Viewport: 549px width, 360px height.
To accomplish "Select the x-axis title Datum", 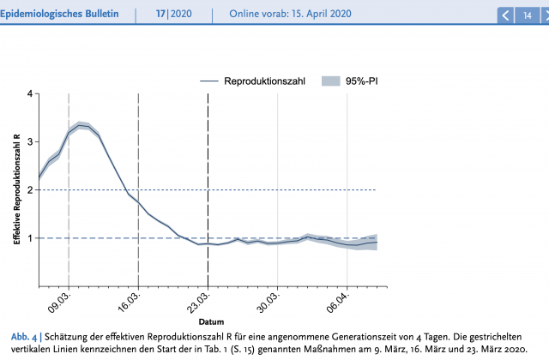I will (211, 322).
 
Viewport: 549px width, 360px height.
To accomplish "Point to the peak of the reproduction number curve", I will (80, 125).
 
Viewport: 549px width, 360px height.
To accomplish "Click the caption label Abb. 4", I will (19, 336).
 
